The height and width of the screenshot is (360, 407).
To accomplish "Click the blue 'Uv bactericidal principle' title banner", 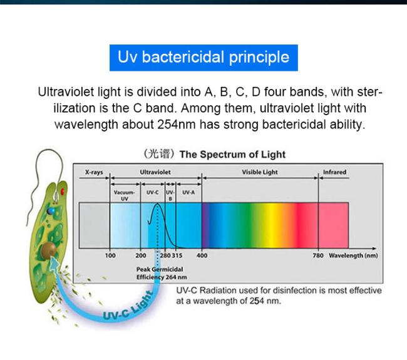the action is pyautogui.click(x=203, y=58).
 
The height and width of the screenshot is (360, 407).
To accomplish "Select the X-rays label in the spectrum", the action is pyautogui.click(x=94, y=172).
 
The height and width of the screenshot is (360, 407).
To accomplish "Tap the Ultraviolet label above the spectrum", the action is pyautogui.click(x=155, y=172).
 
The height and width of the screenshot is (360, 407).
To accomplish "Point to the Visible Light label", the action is pyautogui.click(x=260, y=172).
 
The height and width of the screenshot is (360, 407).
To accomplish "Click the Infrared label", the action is pyautogui.click(x=334, y=172).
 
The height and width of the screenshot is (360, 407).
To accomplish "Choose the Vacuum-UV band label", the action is pyautogui.click(x=125, y=195).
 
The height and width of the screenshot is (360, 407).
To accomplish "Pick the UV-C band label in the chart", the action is pyautogui.click(x=152, y=192).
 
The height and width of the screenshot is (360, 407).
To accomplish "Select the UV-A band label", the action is pyautogui.click(x=188, y=192).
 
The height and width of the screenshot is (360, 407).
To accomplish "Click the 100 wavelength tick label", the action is pyautogui.click(x=110, y=255).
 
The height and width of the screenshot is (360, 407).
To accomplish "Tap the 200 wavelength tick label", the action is pyautogui.click(x=140, y=255).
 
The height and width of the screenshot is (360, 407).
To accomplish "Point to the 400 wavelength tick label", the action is pyautogui.click(x=202, y=255).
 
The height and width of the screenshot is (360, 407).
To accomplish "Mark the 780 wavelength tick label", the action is pyautogui.click(x=318, y=255).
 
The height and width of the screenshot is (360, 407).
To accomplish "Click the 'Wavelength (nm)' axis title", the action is pyautogui.click(x=353, y=255).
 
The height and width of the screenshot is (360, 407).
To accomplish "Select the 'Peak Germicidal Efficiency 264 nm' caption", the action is pyautogui.click(x=162, y=274).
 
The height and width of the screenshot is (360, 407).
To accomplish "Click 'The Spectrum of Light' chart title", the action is pyautogui.click(x=232, y=155).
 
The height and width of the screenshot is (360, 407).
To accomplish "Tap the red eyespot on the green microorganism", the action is pyautogui.click(x=63, y=192).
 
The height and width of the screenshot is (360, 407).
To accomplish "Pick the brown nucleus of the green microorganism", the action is pyautogui.click(x=49, y=250).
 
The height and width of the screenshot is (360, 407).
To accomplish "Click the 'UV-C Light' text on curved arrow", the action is pyautogui.click(x=128, y=306).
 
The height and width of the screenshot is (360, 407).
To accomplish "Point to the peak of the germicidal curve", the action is pyautogui.click(x=157, y=203).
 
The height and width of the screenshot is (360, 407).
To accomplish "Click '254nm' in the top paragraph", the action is pyautogui.click(x=177, y=125).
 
